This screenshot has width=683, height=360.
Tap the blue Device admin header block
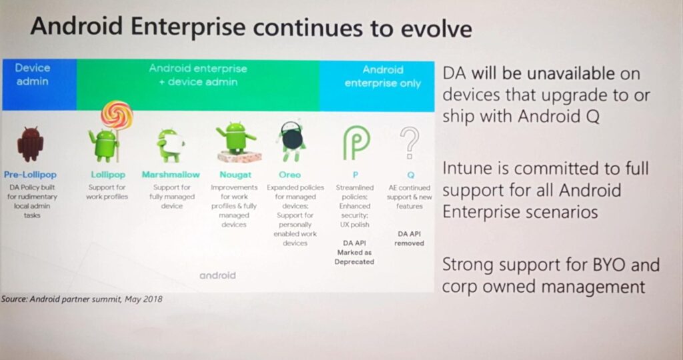[x=39, y=84]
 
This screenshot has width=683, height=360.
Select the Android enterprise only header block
[x=378, y=86]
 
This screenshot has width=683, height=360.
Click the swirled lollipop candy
[x=117, y=115]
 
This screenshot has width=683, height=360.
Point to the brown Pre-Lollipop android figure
[x=31, y=143]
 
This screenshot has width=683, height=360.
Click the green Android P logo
[x=356, y=143]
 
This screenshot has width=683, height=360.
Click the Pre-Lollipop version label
[x=31, y=175]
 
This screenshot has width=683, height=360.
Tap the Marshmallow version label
[x=171, y=175]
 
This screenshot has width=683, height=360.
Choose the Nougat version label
[x=235, y=175]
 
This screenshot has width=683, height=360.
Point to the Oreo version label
[x=289, y=175]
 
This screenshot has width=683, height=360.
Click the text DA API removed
[x=409, y=239]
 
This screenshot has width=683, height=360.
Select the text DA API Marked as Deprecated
[x=355, y=252]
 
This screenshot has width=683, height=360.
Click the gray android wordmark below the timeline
[x=217, y=275]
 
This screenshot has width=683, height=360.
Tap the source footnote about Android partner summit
[x=82, y=299]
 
